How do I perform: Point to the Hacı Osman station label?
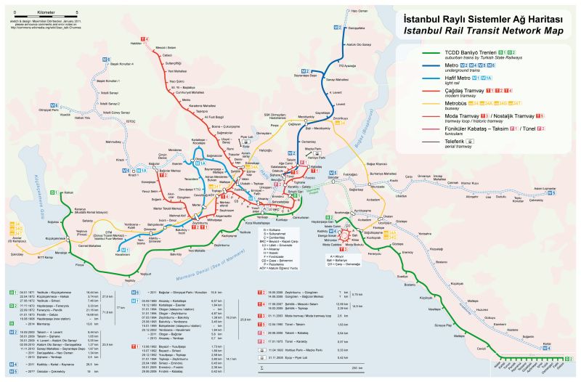(359, 12)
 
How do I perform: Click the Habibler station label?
(136, 44)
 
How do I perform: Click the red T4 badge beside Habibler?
(144, 37)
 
